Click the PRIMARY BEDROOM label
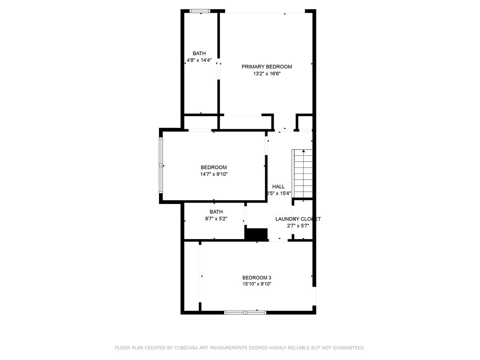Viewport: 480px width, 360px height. tap(266, 67)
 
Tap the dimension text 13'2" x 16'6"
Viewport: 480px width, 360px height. tap(266, 74)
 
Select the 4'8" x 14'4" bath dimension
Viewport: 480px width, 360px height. tap(199, 60)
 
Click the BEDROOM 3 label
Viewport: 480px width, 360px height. tap(256, 277)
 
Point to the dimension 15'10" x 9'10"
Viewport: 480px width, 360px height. tap(256, 284)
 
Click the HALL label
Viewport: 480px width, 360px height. tap(278, 187)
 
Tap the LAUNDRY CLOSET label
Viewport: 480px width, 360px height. tap(298, 219)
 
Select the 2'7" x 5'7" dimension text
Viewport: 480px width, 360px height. tap(298, 226)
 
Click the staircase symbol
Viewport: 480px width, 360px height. tap(303, 173)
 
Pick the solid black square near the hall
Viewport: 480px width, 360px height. tap(256, 234)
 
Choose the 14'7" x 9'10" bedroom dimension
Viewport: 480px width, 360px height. tap(214, 174)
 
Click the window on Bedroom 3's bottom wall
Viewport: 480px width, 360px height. tap(245, 312)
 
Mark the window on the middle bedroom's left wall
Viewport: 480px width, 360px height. tap(161, 166)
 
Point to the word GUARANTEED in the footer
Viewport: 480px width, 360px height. tap(348, 348)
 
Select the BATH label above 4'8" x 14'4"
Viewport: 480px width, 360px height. tap(199, 53)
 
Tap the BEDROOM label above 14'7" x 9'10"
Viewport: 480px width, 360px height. tap(214, 167)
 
